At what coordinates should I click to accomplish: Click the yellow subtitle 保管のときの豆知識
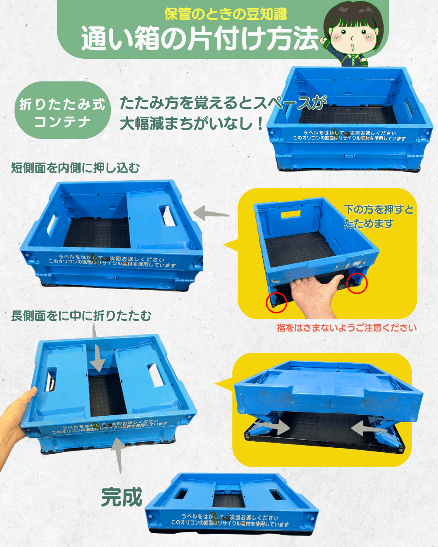pyautogui.click(x=225, y=14)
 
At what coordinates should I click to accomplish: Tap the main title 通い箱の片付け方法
pyautogui.click(x=200, y=38)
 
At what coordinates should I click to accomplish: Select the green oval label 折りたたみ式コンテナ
pyautogui.click(x=62, y=110)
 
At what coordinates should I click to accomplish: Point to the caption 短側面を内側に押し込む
pyautogui.click(x=75, y=168)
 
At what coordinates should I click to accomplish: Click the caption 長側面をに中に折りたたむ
pyautogui.click(x=81, y=316)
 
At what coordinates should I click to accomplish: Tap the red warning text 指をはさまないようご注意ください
pyautogui.click(x=347, y=328)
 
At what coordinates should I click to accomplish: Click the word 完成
pyautogui.click(x=122, y=497)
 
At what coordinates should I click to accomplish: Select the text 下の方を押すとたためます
pyautogui.click(x=378, y=216)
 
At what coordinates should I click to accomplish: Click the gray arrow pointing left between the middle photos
pyautogui.click(x=211, y=213)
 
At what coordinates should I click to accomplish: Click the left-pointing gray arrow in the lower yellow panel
pyautogui.click(x=369, y=428)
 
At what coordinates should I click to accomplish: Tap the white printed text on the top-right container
pyautogui.click(x=349, y=136)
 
